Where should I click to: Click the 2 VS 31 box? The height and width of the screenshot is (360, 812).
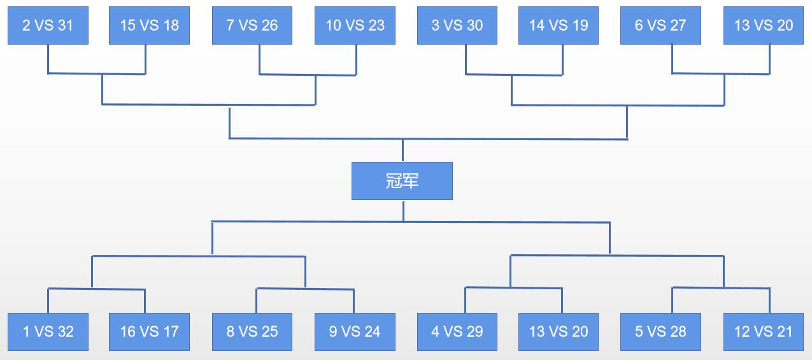[48, 25]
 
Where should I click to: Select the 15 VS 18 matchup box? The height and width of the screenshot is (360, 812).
[150, 25]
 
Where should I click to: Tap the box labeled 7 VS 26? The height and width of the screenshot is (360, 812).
[252, 25]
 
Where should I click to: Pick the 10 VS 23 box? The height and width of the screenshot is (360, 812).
[355, 25]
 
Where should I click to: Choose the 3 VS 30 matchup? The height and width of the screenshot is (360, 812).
[457, 25]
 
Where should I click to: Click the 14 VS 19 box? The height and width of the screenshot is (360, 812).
[559, 25]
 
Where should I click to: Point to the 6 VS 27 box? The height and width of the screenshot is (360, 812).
[660, 25]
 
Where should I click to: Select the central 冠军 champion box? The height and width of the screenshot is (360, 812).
[402, 181]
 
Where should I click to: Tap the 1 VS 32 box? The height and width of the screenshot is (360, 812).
[48, 332]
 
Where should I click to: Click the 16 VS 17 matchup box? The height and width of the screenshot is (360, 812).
[150, 332]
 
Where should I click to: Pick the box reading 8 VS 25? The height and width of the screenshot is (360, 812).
[252, 332]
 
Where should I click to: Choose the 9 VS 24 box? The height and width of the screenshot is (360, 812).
[355, 332]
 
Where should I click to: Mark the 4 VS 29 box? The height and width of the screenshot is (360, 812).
[457, 332]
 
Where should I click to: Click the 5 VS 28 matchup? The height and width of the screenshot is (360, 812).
[660, 332]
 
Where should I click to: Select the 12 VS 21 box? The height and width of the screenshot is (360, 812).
[764, 332]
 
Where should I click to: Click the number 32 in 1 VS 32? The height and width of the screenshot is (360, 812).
[66, 332]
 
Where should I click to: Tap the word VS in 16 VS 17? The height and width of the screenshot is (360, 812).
[149, 332]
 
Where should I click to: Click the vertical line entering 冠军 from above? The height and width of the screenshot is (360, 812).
[402, 150]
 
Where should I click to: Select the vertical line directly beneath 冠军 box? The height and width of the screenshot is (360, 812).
[404, 211]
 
